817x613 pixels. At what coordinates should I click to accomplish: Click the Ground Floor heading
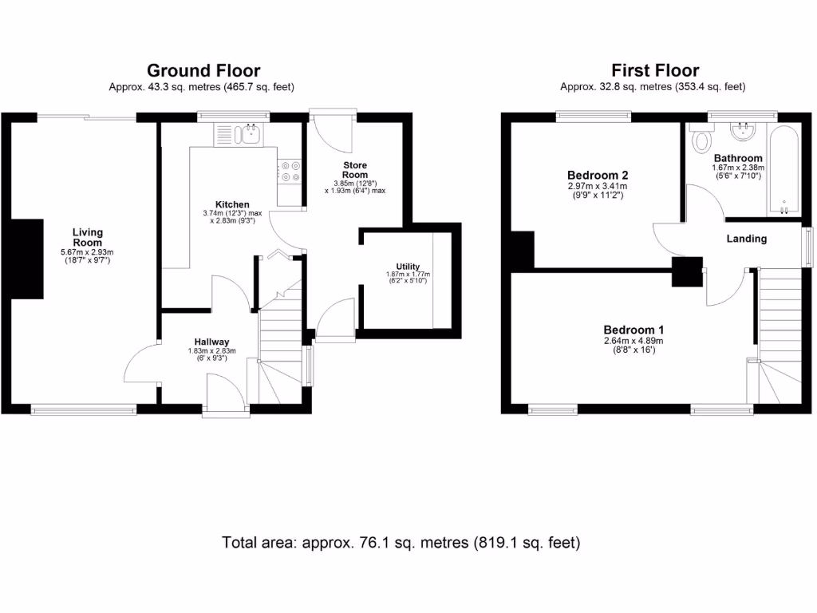pyautogui.click(x=203, y=71)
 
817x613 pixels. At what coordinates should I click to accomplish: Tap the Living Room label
pyautogui.click(x=88, y=237)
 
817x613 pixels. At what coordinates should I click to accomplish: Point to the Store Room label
pyautogui.click(x=355, y=169)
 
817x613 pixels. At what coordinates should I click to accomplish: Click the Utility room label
pyautogui.click(x=408, y=267)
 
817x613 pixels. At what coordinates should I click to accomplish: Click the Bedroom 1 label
pyautogui.click(x=633, y=330)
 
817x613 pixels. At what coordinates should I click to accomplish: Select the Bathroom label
pyautogui.click(x=738, y=158)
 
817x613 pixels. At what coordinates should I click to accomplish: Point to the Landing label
pyautogui.click(x=746, y=239)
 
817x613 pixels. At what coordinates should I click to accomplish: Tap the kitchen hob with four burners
pyautogui.click(x=289, y=172)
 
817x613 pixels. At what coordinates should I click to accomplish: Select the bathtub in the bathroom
pyautogui.click(x=783, y=170)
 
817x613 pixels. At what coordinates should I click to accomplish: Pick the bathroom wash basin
pyautogui.click(x=745, y=130)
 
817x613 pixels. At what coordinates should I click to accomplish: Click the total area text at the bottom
pyautogui.click(x=401, y=543)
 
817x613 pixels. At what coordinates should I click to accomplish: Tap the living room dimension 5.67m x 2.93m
pyautogui.click(x=88, y=253)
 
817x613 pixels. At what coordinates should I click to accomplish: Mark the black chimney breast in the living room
pyautogui.click(x=27, y=258)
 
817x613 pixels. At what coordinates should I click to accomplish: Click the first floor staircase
pyautogui.click(x=779, y=335)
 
